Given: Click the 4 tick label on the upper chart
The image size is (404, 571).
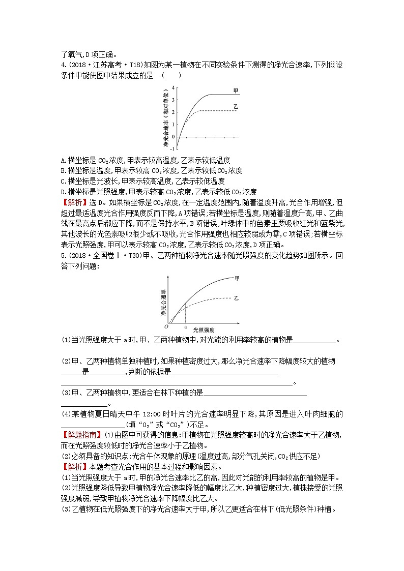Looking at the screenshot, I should click(x=172, y=87).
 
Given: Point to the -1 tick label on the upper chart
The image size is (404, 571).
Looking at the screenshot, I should click(x=171, y=148).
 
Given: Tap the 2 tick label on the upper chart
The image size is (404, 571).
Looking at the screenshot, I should click(x=172, y=112).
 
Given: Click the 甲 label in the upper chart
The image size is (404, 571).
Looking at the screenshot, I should click(x=236, y=91).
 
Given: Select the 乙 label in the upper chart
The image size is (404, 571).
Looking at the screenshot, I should click(x=236, y=107).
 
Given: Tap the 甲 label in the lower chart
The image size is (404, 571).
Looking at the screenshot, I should click(x=237, y=278).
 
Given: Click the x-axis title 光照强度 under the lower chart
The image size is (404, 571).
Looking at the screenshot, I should click(x=204, y=330).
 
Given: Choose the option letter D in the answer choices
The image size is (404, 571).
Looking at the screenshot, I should click(x=63, y=192).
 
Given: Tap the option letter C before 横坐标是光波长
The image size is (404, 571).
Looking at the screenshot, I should click(x=63, y=181).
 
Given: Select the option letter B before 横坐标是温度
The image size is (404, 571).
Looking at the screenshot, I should click(x=63, y=170).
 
